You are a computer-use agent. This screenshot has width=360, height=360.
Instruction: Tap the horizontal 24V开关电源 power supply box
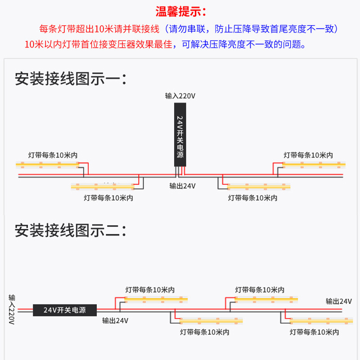[65, 310]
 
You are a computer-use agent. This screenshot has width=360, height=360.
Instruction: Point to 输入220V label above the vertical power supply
[180, 96]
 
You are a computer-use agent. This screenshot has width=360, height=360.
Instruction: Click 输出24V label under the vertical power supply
[183, 186]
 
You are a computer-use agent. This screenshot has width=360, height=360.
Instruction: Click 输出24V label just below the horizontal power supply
[115, 321]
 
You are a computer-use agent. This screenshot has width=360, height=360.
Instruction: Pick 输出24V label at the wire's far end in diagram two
[339, 301]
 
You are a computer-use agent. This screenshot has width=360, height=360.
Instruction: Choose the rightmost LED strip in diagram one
[313, 165]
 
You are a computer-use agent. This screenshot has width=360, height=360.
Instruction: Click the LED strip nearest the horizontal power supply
[156, 299]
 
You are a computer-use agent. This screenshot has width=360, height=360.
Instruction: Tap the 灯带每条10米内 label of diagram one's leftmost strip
[53, 155]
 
